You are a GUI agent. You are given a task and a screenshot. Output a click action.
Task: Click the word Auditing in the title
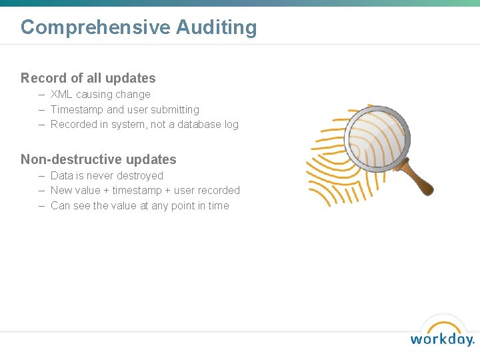point(217,27)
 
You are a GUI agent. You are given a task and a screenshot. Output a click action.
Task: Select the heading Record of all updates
point(88,78)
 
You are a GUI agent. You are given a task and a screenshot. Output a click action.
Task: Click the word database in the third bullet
point(195,124)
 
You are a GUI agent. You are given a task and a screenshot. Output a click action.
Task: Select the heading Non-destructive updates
point(99,159)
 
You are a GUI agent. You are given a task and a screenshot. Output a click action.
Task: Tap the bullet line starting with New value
point(145,191)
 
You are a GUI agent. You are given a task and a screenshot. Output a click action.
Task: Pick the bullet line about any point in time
point(139,206)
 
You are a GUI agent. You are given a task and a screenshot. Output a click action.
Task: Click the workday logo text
point(441,339)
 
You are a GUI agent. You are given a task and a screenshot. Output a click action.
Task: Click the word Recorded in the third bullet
point(73,124)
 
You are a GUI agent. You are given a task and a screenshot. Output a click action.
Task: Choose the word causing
point(95,95)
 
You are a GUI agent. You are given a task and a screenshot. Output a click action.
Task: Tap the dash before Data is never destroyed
point(41,176)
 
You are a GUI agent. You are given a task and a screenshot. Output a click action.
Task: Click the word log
point(231,124)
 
